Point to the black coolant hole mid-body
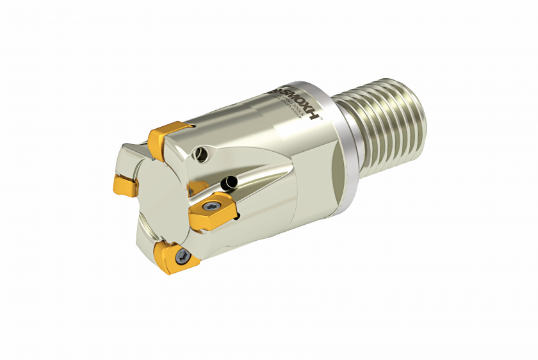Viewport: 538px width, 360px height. (228, 184)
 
